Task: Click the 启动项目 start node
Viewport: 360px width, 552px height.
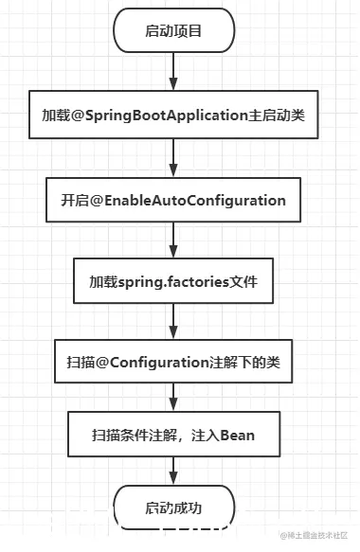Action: [x=173, y=31]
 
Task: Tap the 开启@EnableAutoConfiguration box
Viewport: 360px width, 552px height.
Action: [x=173, y=200]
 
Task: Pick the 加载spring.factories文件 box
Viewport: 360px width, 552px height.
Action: [x=173, y=282]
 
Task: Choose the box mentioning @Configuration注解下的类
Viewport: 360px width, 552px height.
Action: [x=173, y=362]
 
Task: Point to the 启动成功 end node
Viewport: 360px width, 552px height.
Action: [x=173, y=507]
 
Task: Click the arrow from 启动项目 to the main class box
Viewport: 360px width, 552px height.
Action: [x=173, y=71]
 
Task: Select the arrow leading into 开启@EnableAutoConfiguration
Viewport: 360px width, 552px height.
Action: [x=173, y=158]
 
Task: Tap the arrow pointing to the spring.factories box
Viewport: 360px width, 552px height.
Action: [x=173, y=241]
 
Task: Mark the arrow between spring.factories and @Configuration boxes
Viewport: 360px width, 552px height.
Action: [x=173, y=322]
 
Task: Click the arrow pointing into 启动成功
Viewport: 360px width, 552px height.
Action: [x=173, y=472]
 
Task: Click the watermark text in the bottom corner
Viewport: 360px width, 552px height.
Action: [x=315, y=535]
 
